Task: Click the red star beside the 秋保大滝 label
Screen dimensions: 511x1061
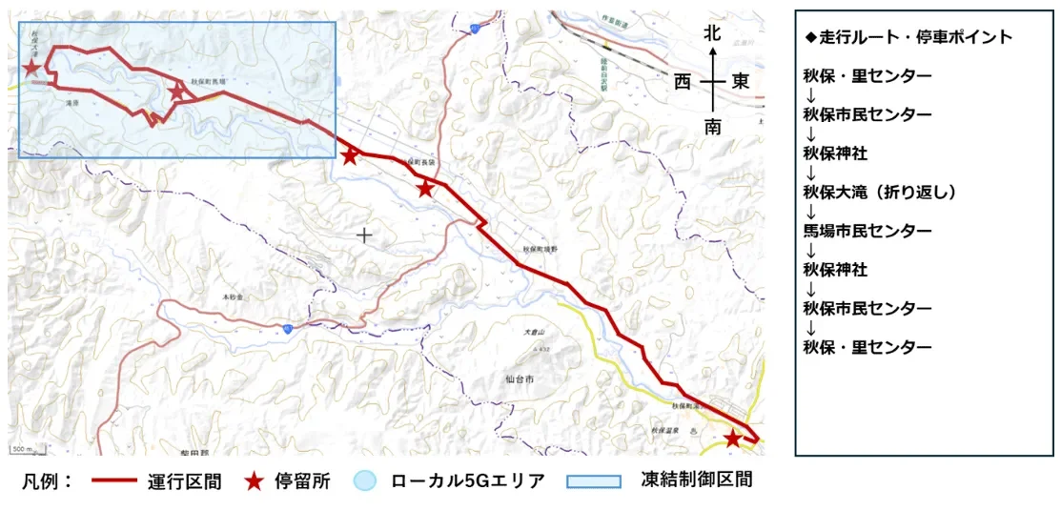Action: pos(31,68)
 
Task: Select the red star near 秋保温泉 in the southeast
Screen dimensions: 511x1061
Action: pos(732,439)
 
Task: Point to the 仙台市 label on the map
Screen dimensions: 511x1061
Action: pos(521,378)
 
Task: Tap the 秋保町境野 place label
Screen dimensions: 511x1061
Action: pos(542,249)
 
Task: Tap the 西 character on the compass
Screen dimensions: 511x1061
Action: pos(683,82)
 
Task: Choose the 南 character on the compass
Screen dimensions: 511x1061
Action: pos(712,127)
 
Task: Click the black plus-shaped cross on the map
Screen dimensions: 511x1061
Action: pos(363,235)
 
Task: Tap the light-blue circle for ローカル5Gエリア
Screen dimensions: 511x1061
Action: pos(365,480)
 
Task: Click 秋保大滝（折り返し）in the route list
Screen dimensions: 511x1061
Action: pos(879,192)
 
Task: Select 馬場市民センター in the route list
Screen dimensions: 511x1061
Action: pos(867,231)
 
